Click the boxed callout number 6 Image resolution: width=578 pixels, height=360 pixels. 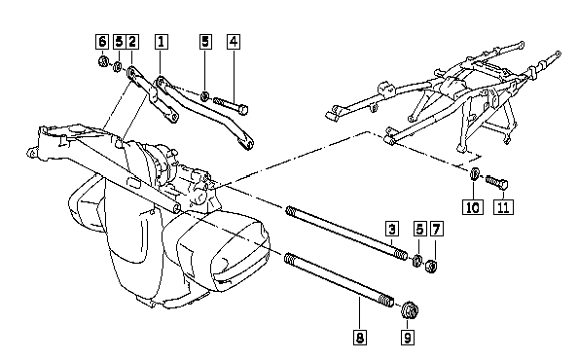point(102,41)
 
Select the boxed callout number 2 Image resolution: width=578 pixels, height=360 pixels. point(132,41)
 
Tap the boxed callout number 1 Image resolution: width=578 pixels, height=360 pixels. point(162,41)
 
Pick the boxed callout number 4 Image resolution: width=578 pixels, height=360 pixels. point(234,41)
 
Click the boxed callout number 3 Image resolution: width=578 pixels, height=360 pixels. point(392,229)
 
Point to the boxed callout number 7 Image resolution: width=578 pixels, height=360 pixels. point(436,229)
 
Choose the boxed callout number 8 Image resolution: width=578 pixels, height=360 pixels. point(360,338)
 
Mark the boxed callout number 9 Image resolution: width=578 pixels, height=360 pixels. point(408,338)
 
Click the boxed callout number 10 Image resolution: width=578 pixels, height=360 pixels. point(473,206)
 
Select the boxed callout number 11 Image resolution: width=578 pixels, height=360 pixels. point(503,206)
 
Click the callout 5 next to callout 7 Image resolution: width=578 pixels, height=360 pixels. point(419,229)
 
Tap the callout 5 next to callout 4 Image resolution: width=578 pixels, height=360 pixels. point(205,41)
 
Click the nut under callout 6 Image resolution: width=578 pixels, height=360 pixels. point(103,61)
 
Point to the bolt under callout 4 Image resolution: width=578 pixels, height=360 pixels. point(231,105)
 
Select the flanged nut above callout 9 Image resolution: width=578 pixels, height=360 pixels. point(409,311)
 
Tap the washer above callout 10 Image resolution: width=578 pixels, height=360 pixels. point(475,173)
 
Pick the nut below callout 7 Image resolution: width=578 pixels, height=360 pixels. point(431,266)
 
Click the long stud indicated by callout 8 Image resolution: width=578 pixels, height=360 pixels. point(340,279)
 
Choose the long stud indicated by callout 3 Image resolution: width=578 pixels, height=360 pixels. point(346,233)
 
